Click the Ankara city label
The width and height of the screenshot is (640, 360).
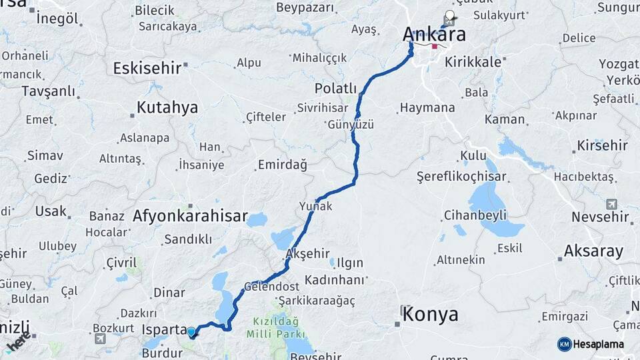click(434, 34)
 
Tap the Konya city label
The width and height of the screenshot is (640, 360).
click(430, 313)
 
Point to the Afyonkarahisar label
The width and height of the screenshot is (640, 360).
click(190, 216)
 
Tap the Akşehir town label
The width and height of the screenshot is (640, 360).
click(308, 253)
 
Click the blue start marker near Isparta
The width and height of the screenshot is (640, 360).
click(192, 332)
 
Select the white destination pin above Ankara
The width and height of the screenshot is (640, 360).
click(450, 16)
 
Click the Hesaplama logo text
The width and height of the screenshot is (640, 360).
click(599, 344)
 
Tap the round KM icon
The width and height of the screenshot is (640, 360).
click(564, 344)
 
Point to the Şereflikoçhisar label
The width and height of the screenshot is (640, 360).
click(461, 177)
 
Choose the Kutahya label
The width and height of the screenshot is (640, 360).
click(167, 107)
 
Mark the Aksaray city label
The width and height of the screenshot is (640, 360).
click(593, 251)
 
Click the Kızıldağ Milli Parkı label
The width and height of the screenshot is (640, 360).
click(275, 327)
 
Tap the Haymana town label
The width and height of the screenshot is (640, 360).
click(427, 107)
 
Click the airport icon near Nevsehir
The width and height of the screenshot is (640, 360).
click(611, 204)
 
